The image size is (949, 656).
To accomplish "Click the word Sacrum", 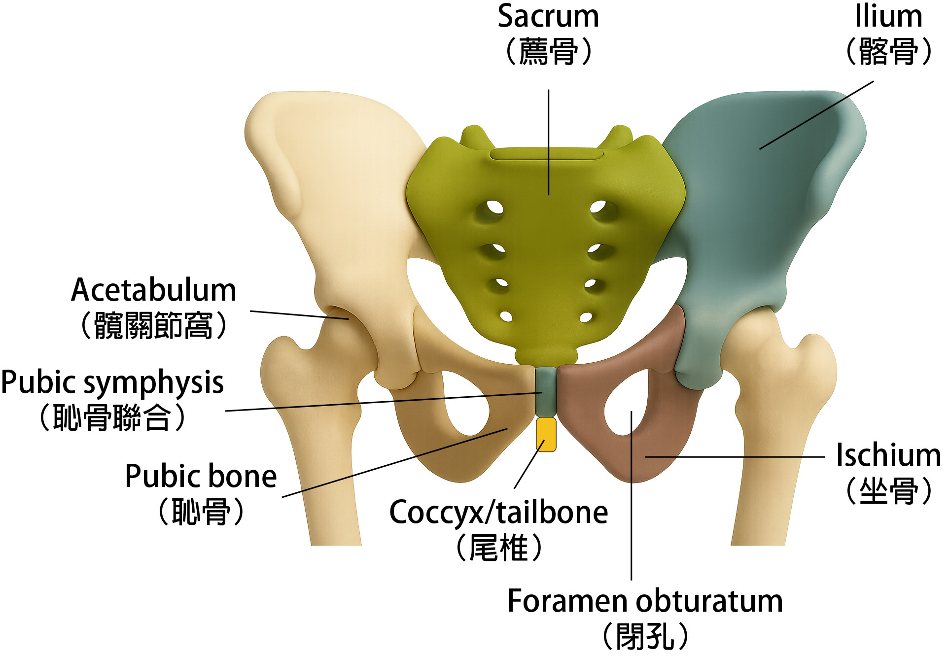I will [x=548, y=17].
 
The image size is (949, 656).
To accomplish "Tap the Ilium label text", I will [x=888, y=17].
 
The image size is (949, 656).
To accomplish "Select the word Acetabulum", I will [x=153, y=290].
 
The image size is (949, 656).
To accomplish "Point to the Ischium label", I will [x=888, y=455].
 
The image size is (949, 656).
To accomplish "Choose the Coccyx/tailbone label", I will [x=498, y=513].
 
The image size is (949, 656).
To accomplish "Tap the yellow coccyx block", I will [x=546, y=434].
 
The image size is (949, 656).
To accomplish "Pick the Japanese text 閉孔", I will [x=645, y=636].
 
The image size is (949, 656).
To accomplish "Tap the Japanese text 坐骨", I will [x=888, y=491].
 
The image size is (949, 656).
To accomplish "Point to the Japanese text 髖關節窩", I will [x=153, y=326].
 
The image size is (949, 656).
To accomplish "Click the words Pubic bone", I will [x=201, y=477].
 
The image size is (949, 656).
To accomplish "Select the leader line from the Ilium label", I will [x=816, y=115].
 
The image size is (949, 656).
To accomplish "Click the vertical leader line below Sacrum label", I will [x=548, y=143].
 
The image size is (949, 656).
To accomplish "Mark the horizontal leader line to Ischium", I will [x=735, y=457].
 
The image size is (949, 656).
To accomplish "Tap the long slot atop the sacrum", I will [x=546, y=154].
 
